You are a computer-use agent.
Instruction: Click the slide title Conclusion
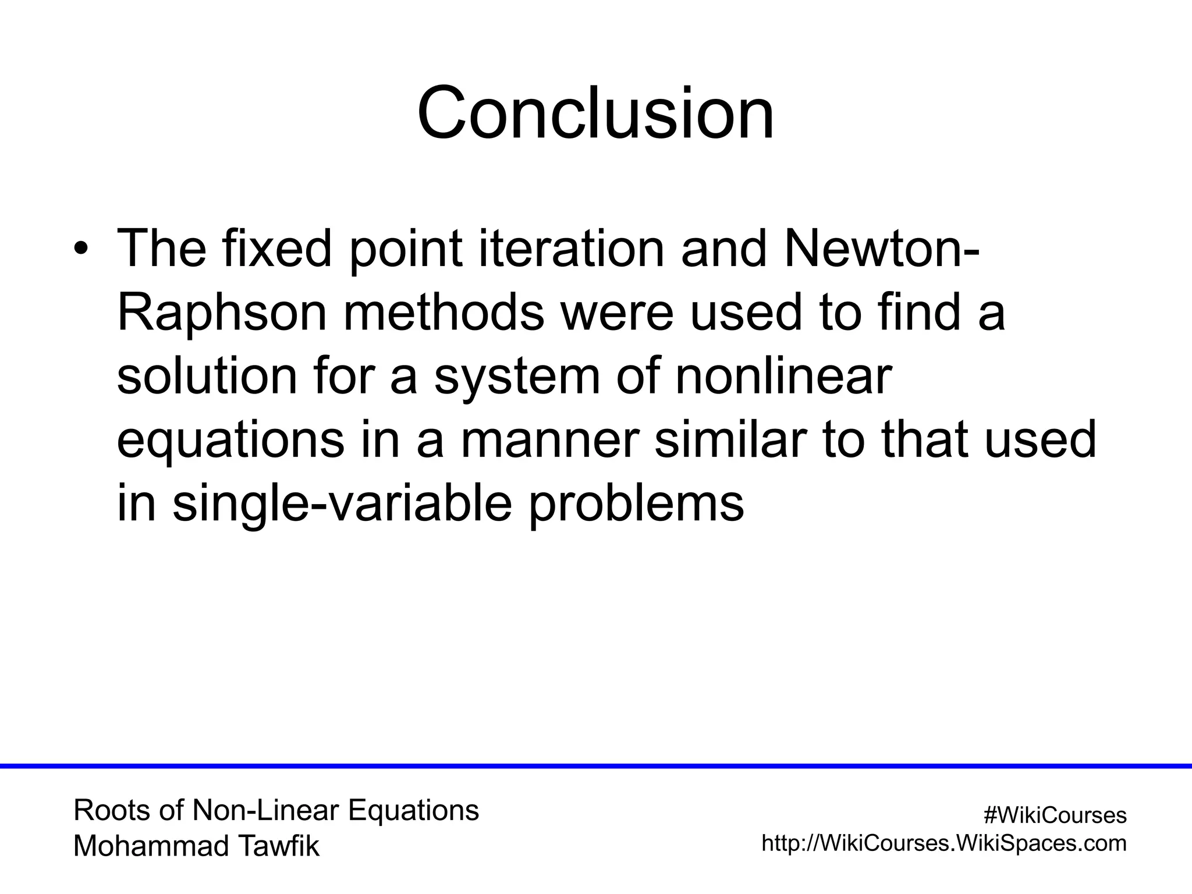[x=595, y=113]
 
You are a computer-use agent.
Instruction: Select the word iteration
[x=571, y=249]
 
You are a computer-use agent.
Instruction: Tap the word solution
[x=207, y=377]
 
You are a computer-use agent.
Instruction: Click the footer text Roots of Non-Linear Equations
[x=276, y=810]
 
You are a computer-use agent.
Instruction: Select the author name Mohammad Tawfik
[x=196, y=846]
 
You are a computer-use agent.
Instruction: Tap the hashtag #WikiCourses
[x=1055, y=815]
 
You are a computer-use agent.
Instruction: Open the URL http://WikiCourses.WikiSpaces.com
[x=944, y=843]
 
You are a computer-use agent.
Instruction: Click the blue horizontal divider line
[x=595, y=766]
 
